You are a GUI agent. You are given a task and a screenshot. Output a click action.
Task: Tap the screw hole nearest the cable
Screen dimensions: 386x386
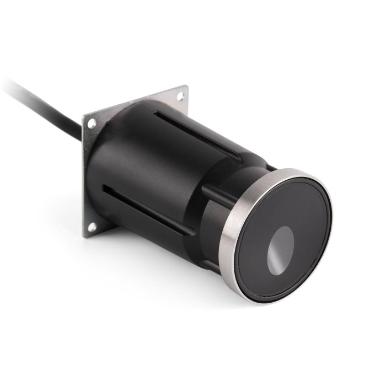click(92, 123)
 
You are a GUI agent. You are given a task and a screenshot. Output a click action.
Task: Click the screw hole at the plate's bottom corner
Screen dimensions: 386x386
click(92, 226)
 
